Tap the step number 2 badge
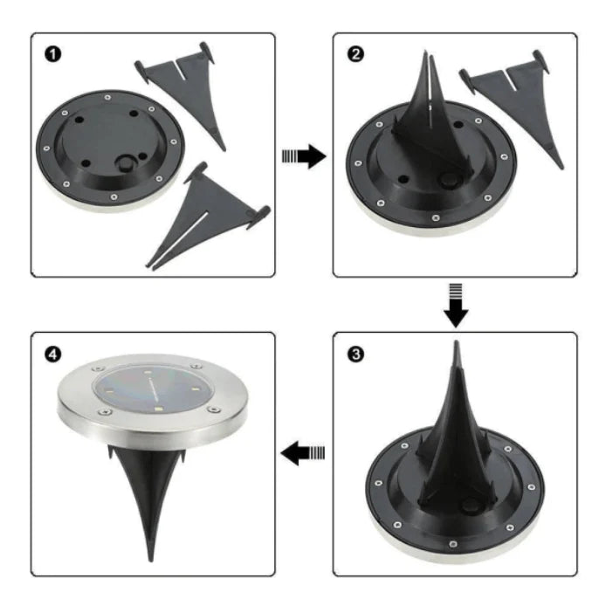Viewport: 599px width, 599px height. point(355,55)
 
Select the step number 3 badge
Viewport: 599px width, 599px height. point(355,355)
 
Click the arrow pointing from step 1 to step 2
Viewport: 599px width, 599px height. point(303,156)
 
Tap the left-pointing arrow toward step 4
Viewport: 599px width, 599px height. point(303,452)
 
